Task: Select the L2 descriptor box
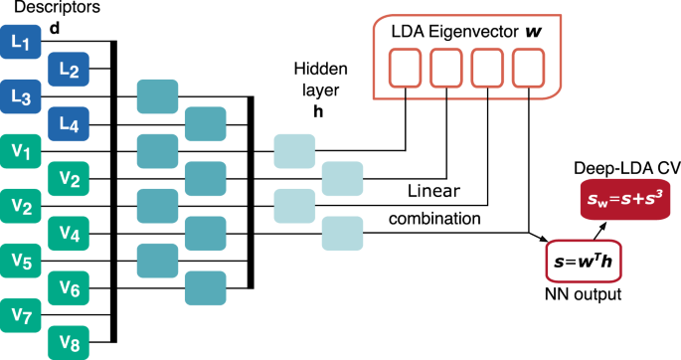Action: [68, 69]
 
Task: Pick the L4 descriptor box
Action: [68, 124]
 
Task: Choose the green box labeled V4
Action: [68, 235]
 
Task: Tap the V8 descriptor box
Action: [68, 344]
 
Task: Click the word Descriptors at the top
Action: [42, 9]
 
